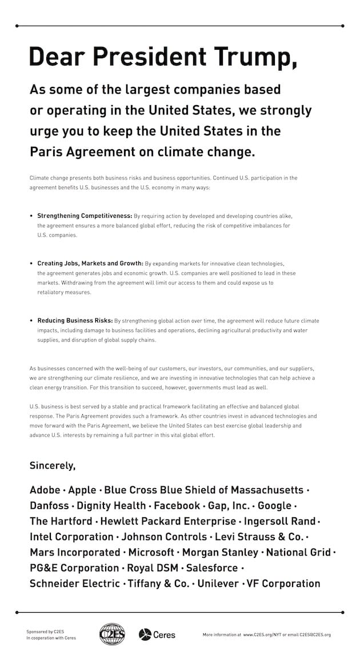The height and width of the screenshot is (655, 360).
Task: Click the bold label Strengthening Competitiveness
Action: (x=85, y=216)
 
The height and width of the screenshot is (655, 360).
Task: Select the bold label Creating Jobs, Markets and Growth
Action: (x=90, y=263)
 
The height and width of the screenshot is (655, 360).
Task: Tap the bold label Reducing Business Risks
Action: (x=75, y=321)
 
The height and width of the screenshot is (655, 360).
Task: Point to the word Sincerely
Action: (x=53, y=465)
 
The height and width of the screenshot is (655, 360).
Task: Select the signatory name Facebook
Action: (x=177, y=506)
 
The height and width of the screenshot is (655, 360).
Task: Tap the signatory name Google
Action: (x=274, y=506)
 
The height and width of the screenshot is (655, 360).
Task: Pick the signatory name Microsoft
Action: (x=151, y=552)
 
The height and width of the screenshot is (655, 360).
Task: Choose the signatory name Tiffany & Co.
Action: (x=157, y=584)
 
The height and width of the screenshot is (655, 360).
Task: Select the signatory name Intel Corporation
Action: (x=71, y=537)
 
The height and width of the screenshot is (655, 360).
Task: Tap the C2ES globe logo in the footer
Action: (x=112, y=634)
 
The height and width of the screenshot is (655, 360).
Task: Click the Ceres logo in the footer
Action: (x=157, y=634)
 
